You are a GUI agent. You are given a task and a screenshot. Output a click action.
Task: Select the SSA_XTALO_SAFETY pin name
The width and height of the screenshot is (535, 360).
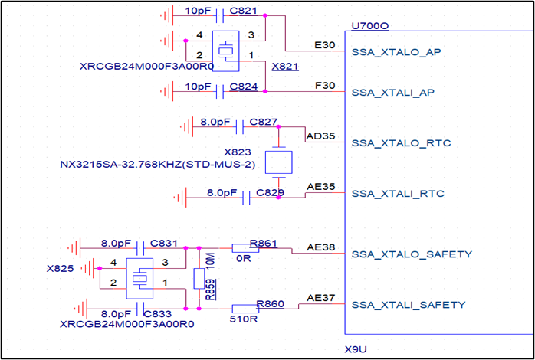tap(411, 254)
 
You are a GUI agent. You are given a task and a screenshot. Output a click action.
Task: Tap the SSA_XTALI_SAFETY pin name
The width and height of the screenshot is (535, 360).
tap(408, 304)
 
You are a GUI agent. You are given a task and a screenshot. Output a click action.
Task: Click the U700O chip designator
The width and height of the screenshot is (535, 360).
tap(369, 26)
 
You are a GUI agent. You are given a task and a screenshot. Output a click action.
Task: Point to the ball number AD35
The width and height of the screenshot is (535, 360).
tap(320, 136)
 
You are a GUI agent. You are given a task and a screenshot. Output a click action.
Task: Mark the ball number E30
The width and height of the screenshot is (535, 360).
tap(325, 45)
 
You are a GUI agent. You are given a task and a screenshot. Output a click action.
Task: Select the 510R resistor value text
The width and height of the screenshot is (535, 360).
tap(244, 317)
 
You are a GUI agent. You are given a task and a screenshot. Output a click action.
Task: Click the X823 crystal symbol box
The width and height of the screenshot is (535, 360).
tap(279, 162)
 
